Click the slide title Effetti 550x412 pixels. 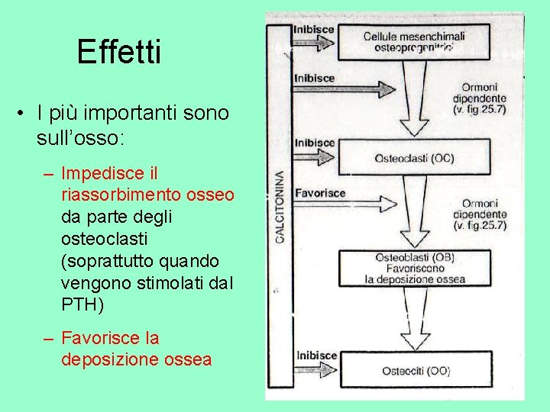pyautogui.click(x=119, y=53)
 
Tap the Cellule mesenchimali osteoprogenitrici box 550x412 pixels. pyautogui.click(x=413, y=41)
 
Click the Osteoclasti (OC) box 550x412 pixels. pyautogui.click(x=413, y=158)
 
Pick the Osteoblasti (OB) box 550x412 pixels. pyautogui.click(x=413, y=268)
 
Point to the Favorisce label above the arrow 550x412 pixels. pyautogui.click(x=319, y=193)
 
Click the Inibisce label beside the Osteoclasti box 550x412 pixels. pyautogui.click(x=314, y=143)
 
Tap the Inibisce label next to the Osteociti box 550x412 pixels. pyautogui.click(x=314, y=355)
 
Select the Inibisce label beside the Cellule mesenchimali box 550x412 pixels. pyautogui.click(x=314, y=30)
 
